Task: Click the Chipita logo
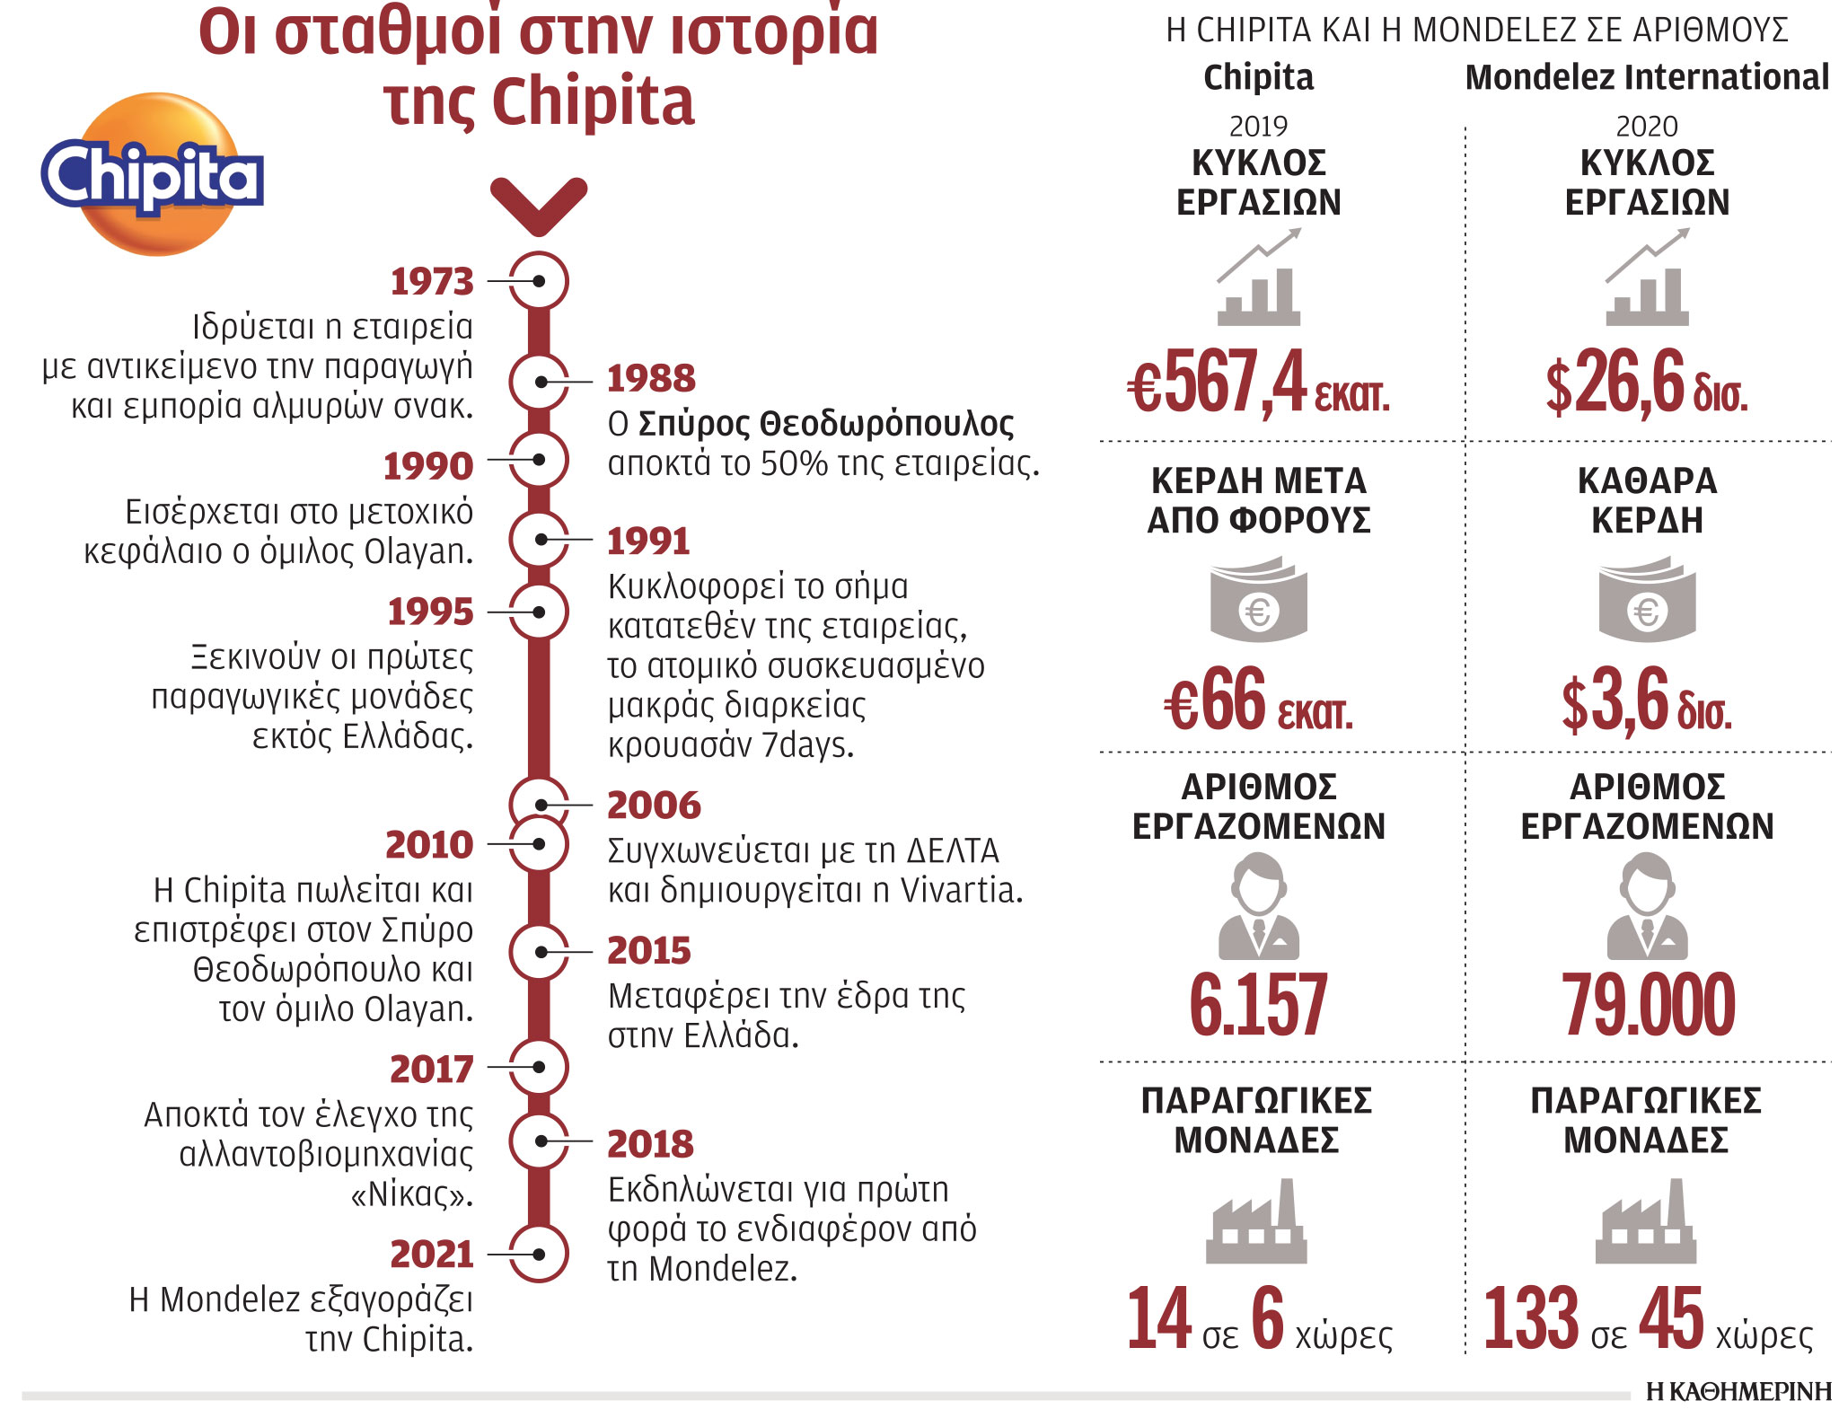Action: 153,175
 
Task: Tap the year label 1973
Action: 432,282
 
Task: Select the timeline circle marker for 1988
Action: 539,382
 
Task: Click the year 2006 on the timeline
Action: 654,806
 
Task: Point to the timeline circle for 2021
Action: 539,1254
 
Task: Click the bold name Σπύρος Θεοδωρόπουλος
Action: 825,424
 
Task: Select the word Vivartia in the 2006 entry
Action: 961,890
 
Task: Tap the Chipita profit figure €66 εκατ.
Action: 1257,701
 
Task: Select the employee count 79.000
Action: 1648,1005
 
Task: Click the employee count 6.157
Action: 1258,1005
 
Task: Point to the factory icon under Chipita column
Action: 1256,1223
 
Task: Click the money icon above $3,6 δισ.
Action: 1647,600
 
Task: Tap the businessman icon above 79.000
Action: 1648,907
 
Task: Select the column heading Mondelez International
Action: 1646,78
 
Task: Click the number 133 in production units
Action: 1530,1318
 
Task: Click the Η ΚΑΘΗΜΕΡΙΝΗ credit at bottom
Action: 1738,1392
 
